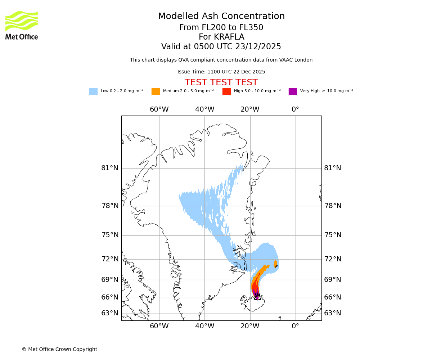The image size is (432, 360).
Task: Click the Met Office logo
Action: click(x=22, y=25)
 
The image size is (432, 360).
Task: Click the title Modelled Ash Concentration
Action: click(x=221, y=16)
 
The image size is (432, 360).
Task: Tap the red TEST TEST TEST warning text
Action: click(x=221, y=82)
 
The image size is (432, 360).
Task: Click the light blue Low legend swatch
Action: click(x=93, y=91)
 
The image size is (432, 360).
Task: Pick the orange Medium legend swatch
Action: click(x=156, y=91)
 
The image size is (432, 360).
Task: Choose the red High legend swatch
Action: click(x=226, y=91)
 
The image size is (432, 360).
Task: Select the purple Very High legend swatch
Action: click(x=293, y=91)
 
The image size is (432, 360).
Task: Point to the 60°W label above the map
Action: click(x=159, y=109)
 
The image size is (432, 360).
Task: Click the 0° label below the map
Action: click(x=295, y=326)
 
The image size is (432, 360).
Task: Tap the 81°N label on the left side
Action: click(x=109, y=168)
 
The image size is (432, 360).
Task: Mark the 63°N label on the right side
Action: click(x=333, y=313)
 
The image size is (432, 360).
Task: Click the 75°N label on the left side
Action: click(x=109, y=235)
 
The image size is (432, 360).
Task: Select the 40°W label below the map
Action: click(x=204, y=326)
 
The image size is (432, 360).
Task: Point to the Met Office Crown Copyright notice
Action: click(x=59, y=349)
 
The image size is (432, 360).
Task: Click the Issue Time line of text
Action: click(x=221, y=72)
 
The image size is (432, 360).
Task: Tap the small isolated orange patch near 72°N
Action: click(x=275, y=264)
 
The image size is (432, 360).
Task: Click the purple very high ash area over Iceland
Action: click(x=256, y=294)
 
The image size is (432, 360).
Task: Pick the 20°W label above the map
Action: click(x=250, y=109)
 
